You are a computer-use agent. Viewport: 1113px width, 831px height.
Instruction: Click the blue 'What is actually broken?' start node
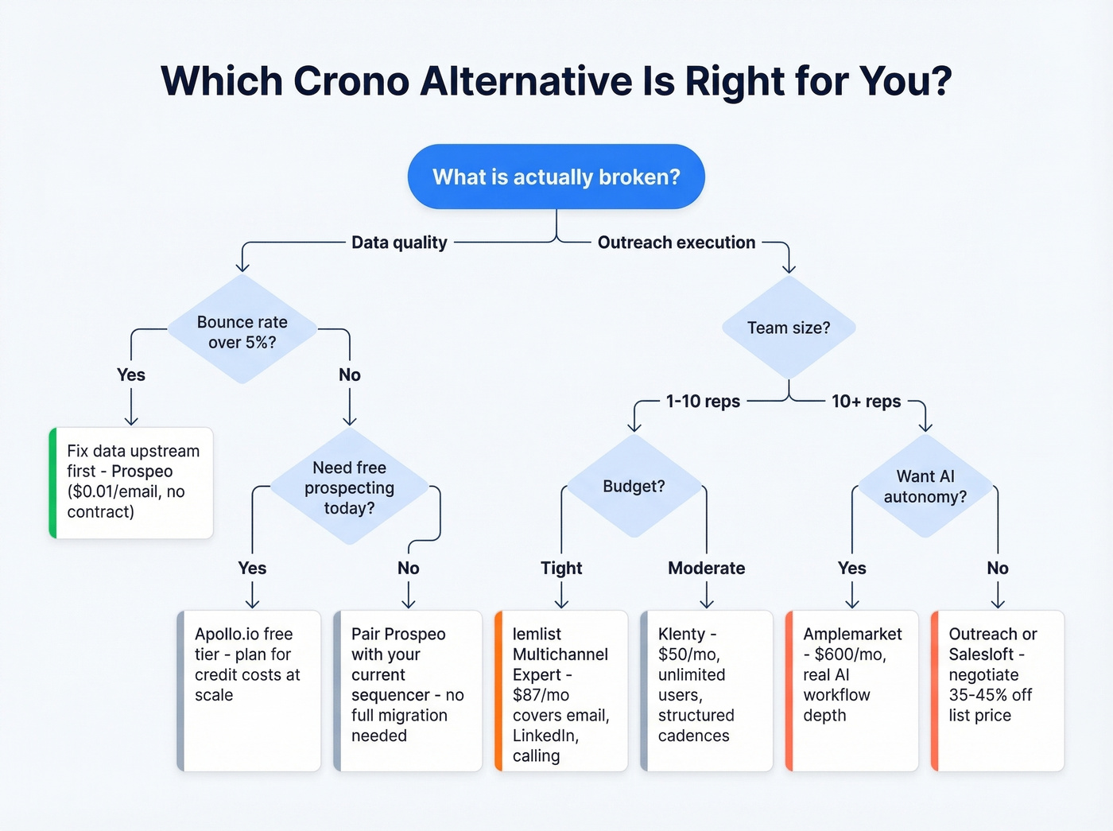coord(556,177)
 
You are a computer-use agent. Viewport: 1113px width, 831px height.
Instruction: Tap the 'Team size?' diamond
coord(788,328)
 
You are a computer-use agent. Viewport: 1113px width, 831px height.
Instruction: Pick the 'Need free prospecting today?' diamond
coord(349,487)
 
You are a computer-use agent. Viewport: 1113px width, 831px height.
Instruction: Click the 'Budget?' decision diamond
coord(634,486)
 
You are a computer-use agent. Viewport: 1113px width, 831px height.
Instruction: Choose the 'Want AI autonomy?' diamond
coord(925,486)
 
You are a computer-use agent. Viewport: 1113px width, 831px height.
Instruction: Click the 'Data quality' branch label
coord(399,243)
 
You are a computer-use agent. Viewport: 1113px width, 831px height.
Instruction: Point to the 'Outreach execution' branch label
coord(676,243)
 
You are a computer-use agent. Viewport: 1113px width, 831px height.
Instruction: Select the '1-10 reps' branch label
coord(703,402)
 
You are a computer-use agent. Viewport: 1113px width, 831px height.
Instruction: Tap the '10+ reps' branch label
coord(866,402)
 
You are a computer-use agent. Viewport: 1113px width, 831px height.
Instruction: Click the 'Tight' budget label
coord(561,568)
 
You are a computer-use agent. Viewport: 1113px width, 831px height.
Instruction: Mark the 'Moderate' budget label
coord(706,568)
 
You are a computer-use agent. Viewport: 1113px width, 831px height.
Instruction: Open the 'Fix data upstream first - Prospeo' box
coord(132,482)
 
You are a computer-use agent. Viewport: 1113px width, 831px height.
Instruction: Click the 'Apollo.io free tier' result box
coord(250,689)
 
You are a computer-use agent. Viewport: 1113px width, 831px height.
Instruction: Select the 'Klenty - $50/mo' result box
coord(707,689)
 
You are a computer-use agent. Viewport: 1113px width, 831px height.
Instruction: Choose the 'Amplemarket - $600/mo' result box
coord(852,689)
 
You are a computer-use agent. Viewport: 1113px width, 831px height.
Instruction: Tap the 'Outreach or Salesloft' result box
coord(998,689)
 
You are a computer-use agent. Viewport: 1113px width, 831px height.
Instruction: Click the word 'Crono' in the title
coord(351,81)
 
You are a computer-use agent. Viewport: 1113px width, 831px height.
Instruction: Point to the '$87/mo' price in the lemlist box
coord(541,695)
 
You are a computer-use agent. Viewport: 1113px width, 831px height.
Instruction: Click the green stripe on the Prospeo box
coord(53,483)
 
